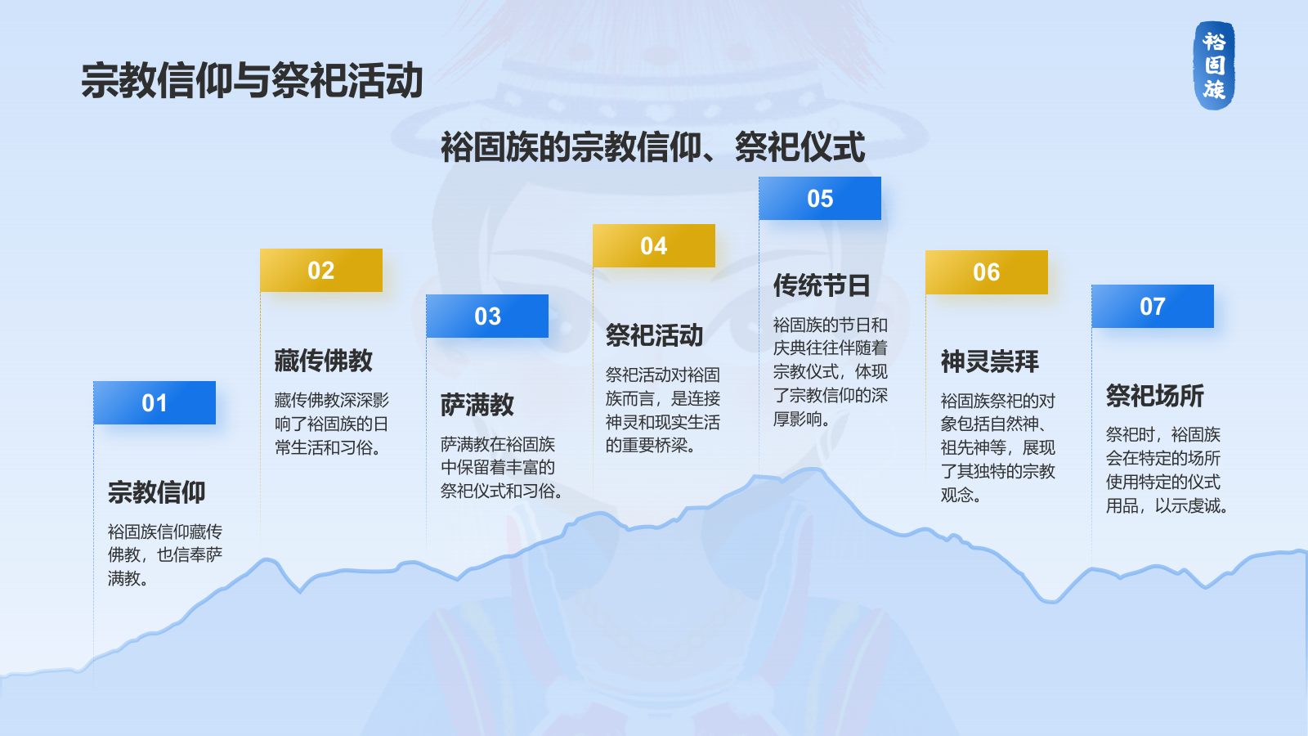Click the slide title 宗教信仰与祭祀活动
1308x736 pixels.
tap(252, 80)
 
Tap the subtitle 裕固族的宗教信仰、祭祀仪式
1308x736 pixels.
tap(652, 146)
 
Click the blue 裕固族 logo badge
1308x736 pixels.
tap(1214, 65)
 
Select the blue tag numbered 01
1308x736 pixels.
tap(155, 402)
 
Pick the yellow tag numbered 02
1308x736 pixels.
tap(321, 270)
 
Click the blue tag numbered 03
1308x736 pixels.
tap(487, 316)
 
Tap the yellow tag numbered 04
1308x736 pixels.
tap(654, 245)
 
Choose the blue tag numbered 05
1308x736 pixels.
tap(820, 198)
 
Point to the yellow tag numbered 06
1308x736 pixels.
tap(987, 272)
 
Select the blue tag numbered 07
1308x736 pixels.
tap(1153, 306)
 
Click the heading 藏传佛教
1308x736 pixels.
tap(324, 361)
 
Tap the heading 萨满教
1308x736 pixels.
tap(477, 405)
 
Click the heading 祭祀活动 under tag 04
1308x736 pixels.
tap(654, 335)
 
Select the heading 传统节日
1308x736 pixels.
tap(822, 285)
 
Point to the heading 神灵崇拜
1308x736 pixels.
tap(990, 361)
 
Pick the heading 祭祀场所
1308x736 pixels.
tap(1155, 396)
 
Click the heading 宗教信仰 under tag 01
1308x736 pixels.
tap(156, 491)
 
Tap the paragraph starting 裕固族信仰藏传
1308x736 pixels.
tap(165, 555)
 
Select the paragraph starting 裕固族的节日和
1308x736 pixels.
tap(831, 371)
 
